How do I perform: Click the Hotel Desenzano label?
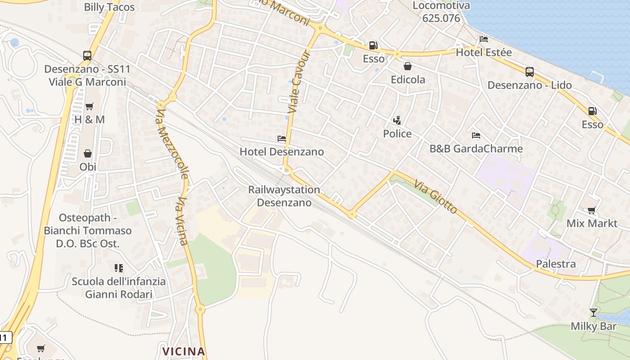[x=282, y=152]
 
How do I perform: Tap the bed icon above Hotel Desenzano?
[x=282, y=139]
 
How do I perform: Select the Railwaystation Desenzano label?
[x=284, y=196]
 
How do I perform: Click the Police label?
[x=397, y=134]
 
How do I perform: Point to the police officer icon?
[x=397, y=121]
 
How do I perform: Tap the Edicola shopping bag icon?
[x=408, y=67]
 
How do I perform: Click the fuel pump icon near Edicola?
[x=373, y=45]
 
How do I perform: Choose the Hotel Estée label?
[x=484, y=53]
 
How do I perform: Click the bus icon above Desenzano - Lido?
[x=530, y=72]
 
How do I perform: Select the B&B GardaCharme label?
[x=476, y=148]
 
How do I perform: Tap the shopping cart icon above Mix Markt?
[x=592, y=210]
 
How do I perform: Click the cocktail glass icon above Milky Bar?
[x=594, y=313]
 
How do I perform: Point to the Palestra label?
[x=556, y=264]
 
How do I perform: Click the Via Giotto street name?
[x=436, y=197]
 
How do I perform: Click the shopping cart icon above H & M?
[x=89, y=107]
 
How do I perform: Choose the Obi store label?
[x=88, y=166]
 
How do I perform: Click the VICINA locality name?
[x=184, y=351]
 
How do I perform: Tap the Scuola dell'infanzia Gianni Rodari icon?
[x=119, y=269]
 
